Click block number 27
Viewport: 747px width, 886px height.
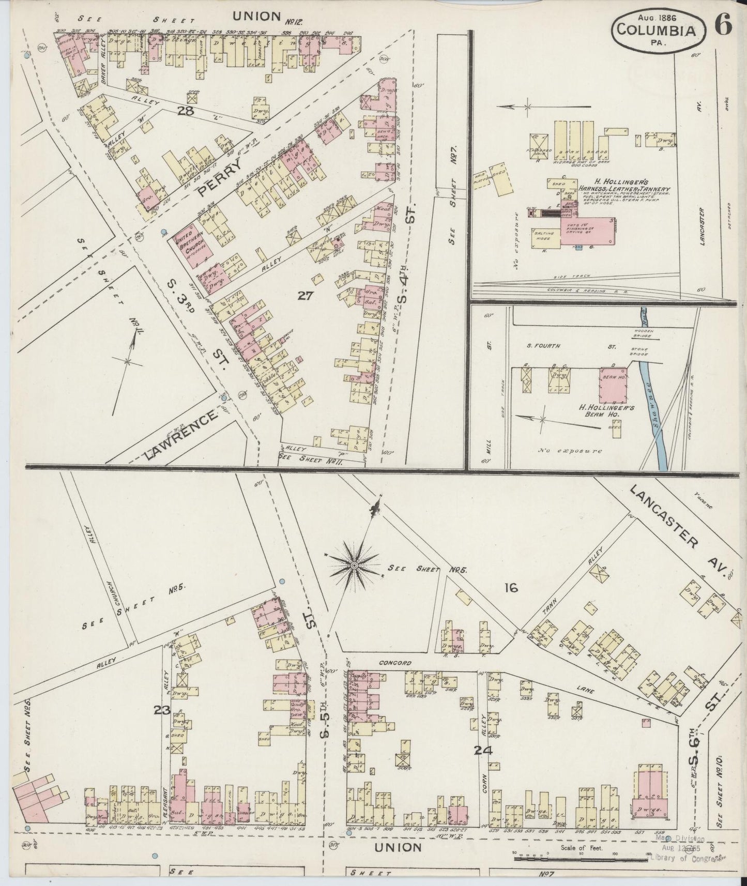coord(306,295)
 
